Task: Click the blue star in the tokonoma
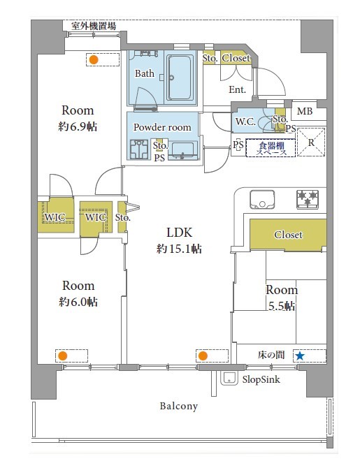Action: pyautogui.click(x=300, y=356)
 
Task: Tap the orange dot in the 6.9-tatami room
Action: pyautogui.click(x=94, y=59)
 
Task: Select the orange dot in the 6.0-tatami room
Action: pyautogui.click(x=63, y=356)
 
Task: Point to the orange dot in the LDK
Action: pyautogui.click(x=203, y=356)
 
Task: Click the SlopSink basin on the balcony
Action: pyautogui.click(x=229, y=378)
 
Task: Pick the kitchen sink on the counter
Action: pyautogui.click(x=262, y=199)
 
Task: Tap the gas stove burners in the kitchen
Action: pyautogui.click(x=308, y=199)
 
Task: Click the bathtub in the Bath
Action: pyautogui.click(x=180, y=78)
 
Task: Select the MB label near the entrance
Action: pyautogui.click(x=304, y=111)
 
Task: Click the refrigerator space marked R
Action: pyautogui.click(x=311, y=142)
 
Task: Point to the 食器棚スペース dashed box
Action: pyautogui.click(x=271, y=148)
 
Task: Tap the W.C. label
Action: pyautogui.click(x=245, y=122)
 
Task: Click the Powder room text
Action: pyautogui.click(x=162, y=127)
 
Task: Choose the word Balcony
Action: pyautogui.click(x=179, y=406)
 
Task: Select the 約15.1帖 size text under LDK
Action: pyautogui.click(x=179, y=249)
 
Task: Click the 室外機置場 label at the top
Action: pyautogui.click(x=94, y=26)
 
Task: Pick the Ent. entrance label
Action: pyautogui.click(x=237, y=89)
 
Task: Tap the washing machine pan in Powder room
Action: pyautogui.click(x=139, y=149)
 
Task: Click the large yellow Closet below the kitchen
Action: pyautogui.click(x=288, y=235)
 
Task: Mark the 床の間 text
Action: pyautogui.click(x=271, y=355)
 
